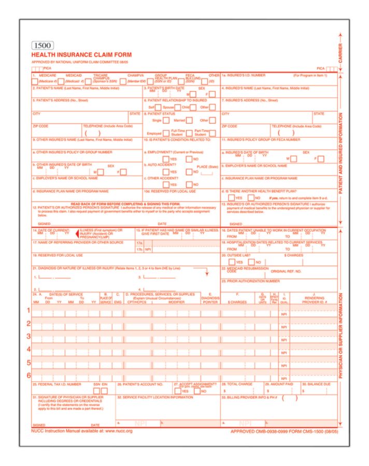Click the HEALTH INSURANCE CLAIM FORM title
pos(81,55)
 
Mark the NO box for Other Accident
pos(189,184)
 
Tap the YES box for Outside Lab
pos(231,262)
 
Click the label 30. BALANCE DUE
pos(318,384)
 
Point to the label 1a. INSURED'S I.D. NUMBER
pos(244,76)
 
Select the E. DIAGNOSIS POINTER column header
pos(209,298)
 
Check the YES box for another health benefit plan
pos(231,198)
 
